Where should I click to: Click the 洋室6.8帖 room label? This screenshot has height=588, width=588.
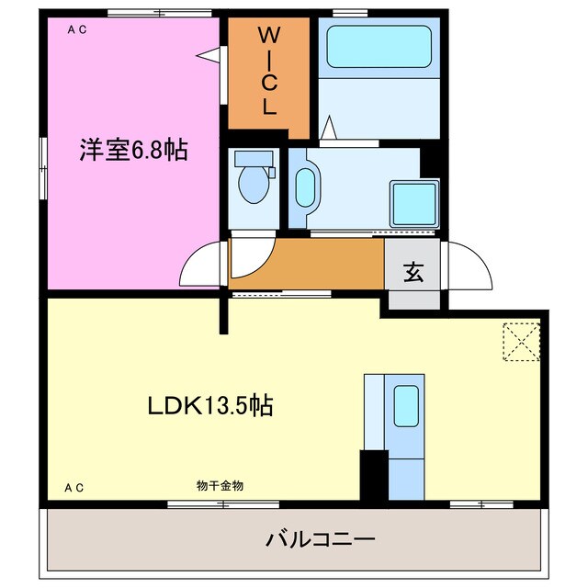133,151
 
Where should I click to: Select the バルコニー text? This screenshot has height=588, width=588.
321,538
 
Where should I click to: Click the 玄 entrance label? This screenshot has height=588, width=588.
413,272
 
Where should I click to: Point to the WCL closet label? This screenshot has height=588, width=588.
267,71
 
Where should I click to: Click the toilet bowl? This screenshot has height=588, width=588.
251,184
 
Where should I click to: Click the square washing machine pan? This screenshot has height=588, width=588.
413,201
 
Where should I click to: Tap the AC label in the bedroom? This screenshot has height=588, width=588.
77,30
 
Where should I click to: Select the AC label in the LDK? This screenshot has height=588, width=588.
74,488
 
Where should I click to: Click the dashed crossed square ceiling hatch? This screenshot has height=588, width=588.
521,343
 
